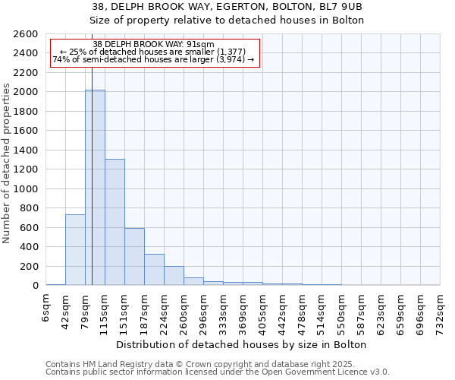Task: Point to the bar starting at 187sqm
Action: [x=154, y=269]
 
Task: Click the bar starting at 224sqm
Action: [x=174, y=275]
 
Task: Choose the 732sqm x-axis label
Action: [x=441, y=312]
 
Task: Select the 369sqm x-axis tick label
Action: [x=243, y=312]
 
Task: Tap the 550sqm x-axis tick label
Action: [x=342, y=312]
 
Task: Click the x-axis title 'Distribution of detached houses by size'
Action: [x=243, y=344]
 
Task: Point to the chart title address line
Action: [x=227, y=7]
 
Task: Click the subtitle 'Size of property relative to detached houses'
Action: [x=227, y=21]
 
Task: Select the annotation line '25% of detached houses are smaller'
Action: [x=155, y=52]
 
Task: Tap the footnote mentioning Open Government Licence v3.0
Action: [x=218, y=372]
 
